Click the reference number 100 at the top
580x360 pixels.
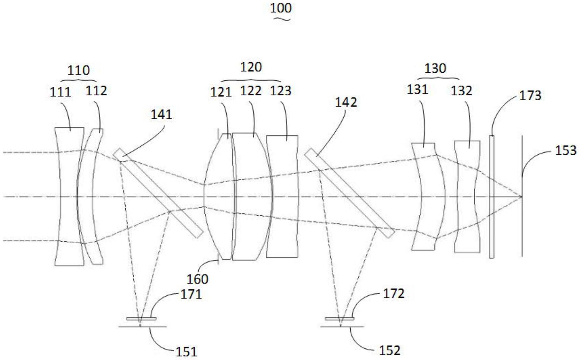pyautogui.click(x=281, y=8)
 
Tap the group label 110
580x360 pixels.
pyautogui.click(x=78, y=70)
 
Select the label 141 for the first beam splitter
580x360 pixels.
pyautogui.click(x=161, y=114)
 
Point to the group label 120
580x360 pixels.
pyautogui.click(x=251, y=67)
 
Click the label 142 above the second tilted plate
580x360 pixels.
pyautogui.click(x=346, y=102)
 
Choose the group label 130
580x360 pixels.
pyautogui.click(x=436, y=68)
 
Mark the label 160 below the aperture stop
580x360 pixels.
pyautogui.click(x=197, y=279)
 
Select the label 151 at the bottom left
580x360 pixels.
pyautogui.click(x=186, y=351)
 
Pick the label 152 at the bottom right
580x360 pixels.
pyautogui.click(x=389, y=350)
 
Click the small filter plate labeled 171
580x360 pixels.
pyautogui.click(x=141, y=319)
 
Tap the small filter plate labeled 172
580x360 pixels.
pyautogui.click(x=339, y=319)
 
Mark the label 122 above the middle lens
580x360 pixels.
pyautogui.click(x=251, y=91)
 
